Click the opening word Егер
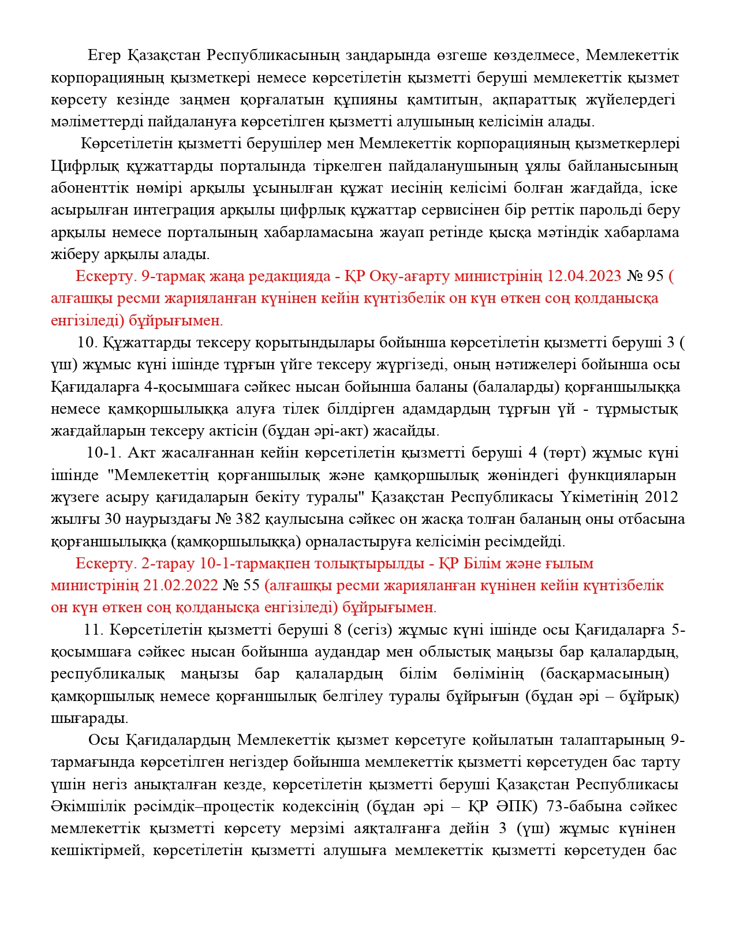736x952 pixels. pos(104,55)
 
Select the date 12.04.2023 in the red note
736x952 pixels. pos(584,276)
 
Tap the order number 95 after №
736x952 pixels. pos(656,276)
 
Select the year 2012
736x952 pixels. pos(661,497)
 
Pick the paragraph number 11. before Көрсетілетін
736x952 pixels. pos(94,630)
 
